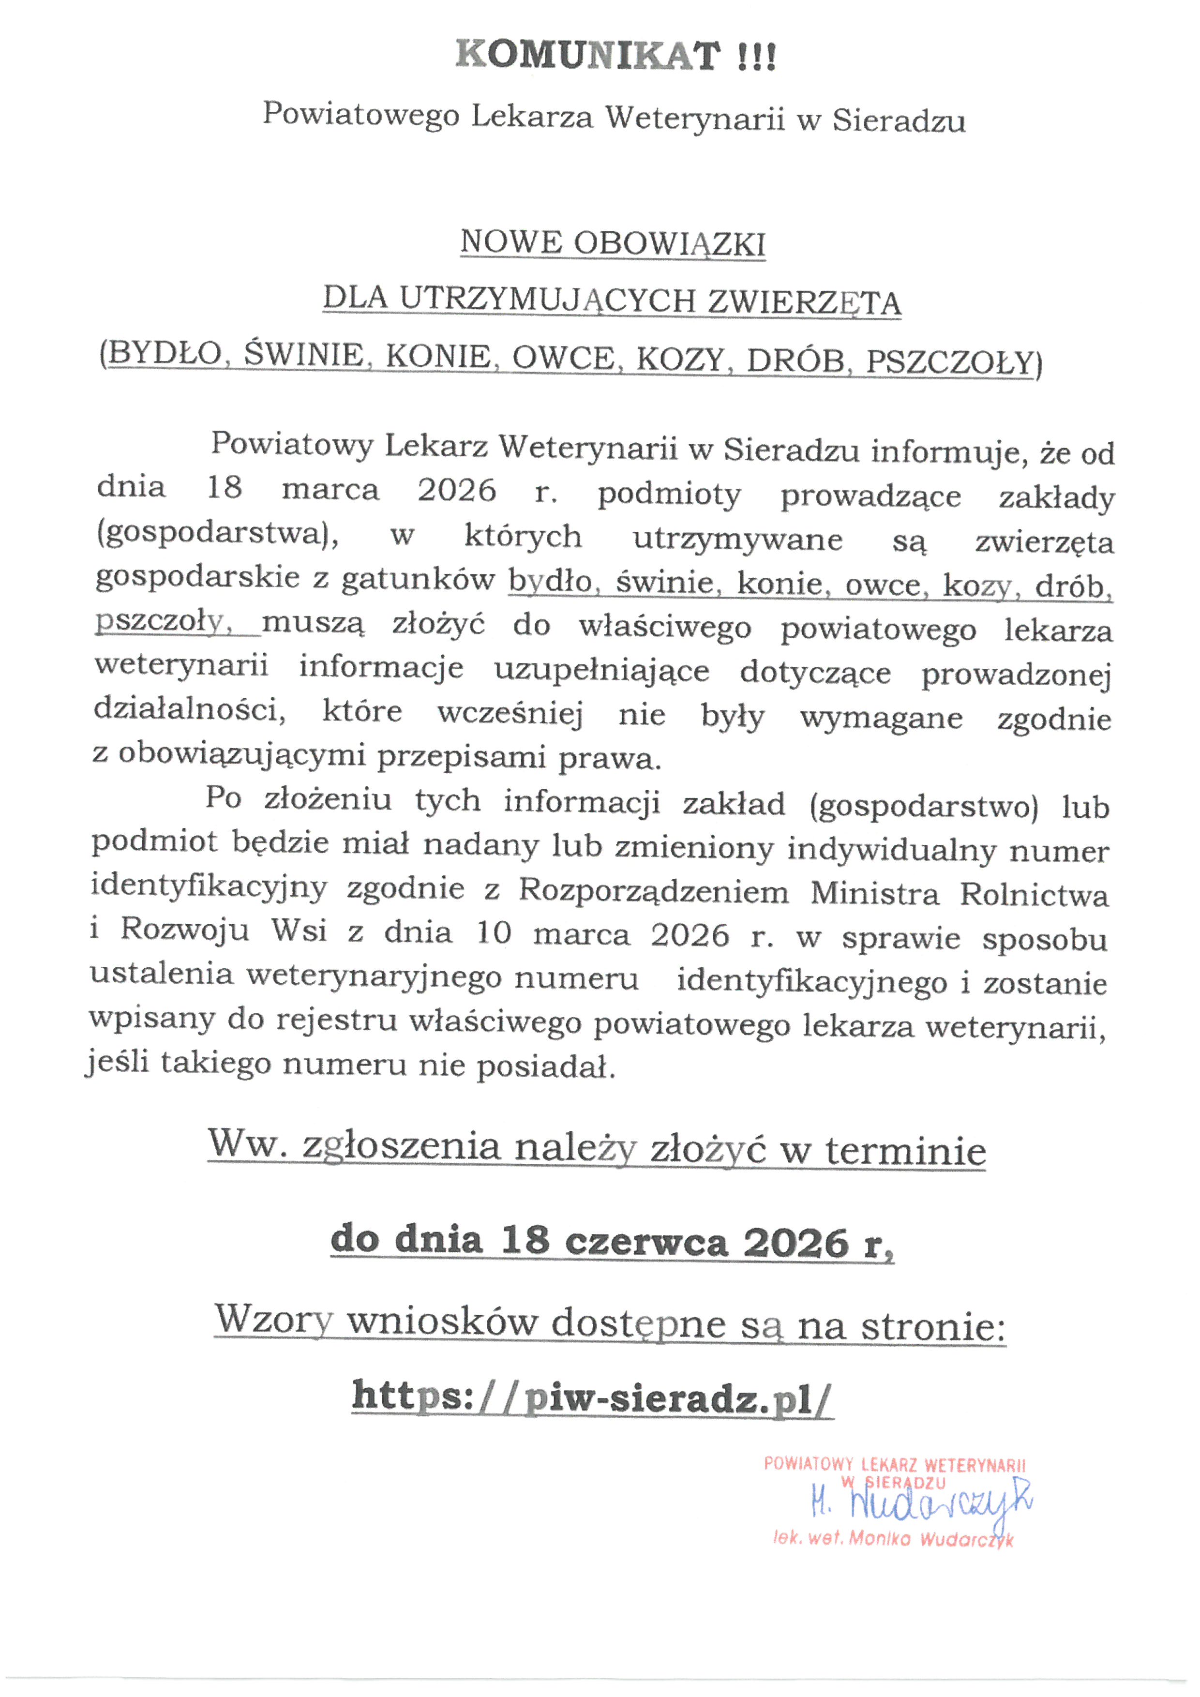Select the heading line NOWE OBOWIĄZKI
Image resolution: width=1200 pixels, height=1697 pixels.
point(613,243)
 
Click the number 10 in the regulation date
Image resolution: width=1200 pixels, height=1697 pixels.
point(494,933)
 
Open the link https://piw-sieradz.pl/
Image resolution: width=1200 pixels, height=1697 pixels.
point(593,1397)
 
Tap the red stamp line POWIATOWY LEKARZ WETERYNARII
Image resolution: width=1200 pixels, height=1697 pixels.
point(895,1465)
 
